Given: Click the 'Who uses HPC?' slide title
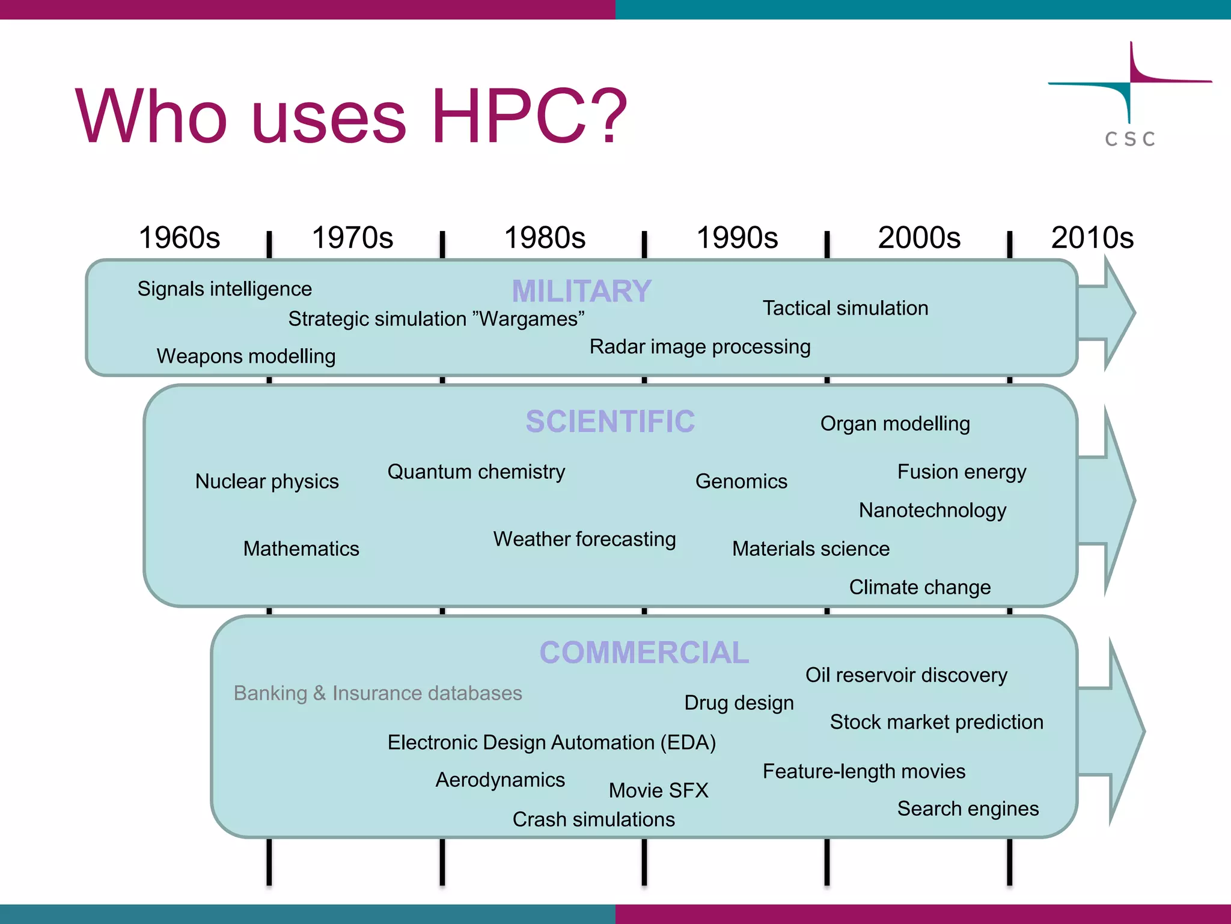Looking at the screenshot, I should tap(351, 116).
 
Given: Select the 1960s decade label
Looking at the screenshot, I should tap(179, 238).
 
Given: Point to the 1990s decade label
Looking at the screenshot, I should tap(737, 238).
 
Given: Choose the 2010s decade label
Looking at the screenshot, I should tap(1092, 238).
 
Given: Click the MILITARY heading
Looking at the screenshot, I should tap(581, 291).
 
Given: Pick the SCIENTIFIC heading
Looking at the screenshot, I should tap(610, 421).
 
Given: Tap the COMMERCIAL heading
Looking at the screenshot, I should tap(644, 653).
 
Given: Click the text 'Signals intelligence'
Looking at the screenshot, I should tap(224, 289).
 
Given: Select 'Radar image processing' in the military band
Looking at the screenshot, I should tap(700, 346).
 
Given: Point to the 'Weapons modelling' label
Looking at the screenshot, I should tap(246, 356).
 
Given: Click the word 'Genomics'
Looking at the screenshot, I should tap(741, 481).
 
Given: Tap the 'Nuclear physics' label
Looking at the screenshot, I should tap(267, 481).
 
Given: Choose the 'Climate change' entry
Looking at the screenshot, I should tap(920, 587).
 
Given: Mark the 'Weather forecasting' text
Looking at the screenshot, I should tap(584, 539).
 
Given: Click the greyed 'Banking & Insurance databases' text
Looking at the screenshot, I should tap(377, 693).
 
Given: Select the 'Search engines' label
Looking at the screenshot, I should tap(968, 808).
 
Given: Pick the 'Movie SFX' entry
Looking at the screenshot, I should tap(658, 790).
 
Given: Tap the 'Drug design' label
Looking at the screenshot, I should tap(739, 703).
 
